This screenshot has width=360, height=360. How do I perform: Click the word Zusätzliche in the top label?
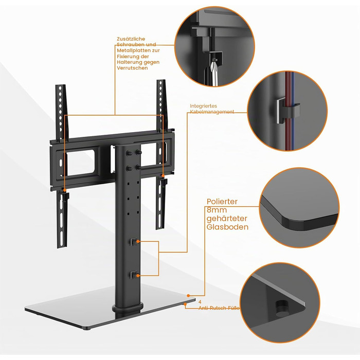131,39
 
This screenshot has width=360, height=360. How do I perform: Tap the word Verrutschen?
132,68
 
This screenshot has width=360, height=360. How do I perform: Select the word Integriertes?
203,106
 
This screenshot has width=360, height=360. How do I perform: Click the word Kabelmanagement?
212,112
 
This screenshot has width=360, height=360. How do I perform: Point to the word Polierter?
222,202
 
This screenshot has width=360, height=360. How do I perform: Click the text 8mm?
217,210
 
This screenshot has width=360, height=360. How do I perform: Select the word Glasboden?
227,227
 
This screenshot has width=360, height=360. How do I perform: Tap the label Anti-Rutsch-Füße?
219,308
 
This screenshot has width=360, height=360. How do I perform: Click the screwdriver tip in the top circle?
215,60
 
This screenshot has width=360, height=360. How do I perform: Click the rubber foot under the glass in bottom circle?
282,308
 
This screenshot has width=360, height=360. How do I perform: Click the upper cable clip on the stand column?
134,242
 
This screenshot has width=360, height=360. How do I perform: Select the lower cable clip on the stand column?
134,275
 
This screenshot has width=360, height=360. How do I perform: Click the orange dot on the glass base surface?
188,296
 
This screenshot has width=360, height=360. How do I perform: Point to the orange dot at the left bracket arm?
65,190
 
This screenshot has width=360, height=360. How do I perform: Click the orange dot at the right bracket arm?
163,176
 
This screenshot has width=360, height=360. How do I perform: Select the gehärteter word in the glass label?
227,219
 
